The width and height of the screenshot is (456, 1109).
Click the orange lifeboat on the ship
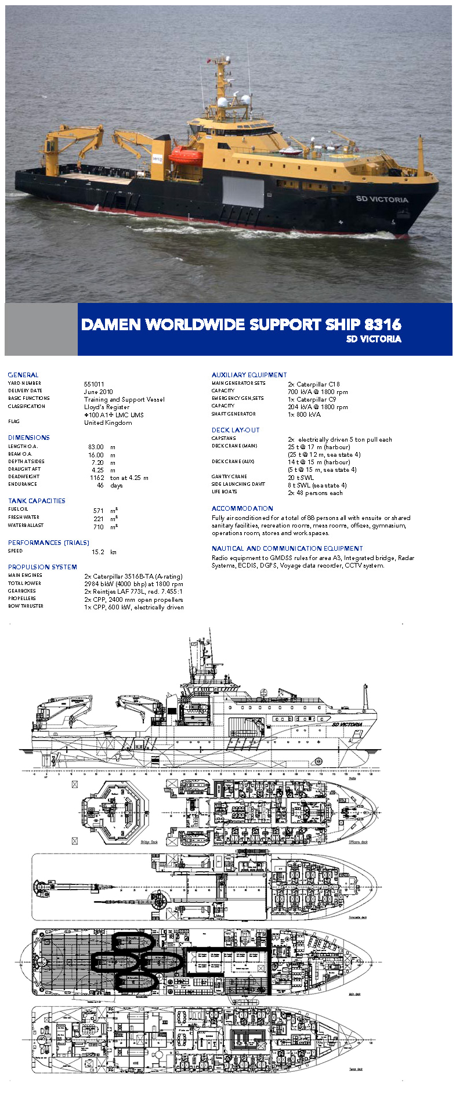tap(186, 155)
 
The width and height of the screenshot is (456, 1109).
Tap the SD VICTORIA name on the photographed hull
tap(382, 199)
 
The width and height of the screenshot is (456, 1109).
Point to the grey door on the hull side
tap(243, 192)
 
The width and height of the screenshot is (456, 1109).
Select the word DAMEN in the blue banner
tap(111, 324)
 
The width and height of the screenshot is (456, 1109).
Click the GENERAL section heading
tap(23, 375)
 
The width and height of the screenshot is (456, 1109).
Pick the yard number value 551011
tap(94, 384)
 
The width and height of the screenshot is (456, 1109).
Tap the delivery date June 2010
tap(99, 392)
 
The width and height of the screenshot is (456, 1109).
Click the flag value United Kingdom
tap(108, 422)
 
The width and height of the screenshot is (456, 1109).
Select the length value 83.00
tap(96, 447)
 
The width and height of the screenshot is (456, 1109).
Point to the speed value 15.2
tap(98, 552)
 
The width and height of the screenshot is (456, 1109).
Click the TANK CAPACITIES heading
tap(37, 501)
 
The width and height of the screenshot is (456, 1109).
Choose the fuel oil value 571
tap(98, 511)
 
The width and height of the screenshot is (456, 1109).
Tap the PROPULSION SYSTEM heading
tap(42, 567)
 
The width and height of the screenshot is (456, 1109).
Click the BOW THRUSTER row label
tap(26, 606)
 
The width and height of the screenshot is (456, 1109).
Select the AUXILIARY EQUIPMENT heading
tap(249, 375)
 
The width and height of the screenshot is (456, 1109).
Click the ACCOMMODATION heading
tap(242, 508)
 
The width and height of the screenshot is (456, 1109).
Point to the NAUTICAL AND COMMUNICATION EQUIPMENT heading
tap(287, 548)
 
